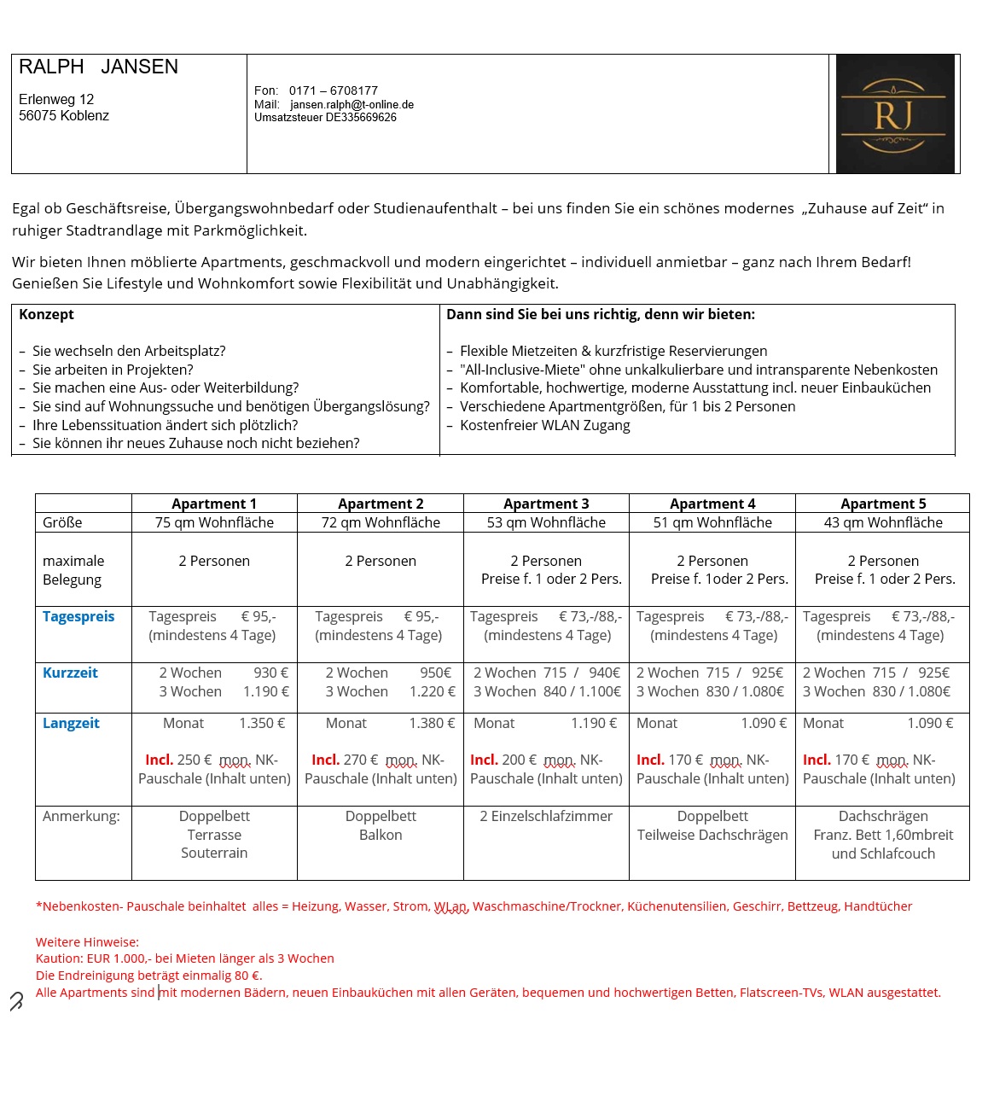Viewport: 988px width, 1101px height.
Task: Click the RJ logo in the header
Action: [x=894, y=114]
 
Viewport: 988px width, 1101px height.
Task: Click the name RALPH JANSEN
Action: [x=98, y=67]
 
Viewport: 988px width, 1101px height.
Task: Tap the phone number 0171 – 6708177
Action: [x=333, y=90]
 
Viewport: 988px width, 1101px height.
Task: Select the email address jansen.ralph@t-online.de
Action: [x=352, y=105]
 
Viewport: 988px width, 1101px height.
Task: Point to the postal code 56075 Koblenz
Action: [x=64, y=116]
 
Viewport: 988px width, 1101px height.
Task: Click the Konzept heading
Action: [x=46, y=314]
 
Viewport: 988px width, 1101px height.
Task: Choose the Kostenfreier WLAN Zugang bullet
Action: [x=544, y=425]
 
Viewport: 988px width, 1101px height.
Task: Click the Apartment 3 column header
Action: [x=546, y=504]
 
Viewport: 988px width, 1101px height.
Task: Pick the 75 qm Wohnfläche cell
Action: [x=214, y=522]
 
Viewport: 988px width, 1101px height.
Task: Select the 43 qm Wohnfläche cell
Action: [x=883, y=522]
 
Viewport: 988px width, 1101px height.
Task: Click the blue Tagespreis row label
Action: [x=78, y=616]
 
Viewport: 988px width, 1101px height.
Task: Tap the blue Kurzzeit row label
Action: [x=70, y=673]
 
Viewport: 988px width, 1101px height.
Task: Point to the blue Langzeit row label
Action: [x=71, y=723]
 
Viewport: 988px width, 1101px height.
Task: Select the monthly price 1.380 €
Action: [x=432, y=723]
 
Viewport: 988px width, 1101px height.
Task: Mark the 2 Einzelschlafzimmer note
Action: [x=546, y=816]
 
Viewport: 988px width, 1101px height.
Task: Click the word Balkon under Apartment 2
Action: [x=381, y=835]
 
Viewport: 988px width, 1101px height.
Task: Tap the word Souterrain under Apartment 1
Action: [x=214, y=853]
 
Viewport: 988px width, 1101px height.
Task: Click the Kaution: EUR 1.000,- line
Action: [x=184, y=958]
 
